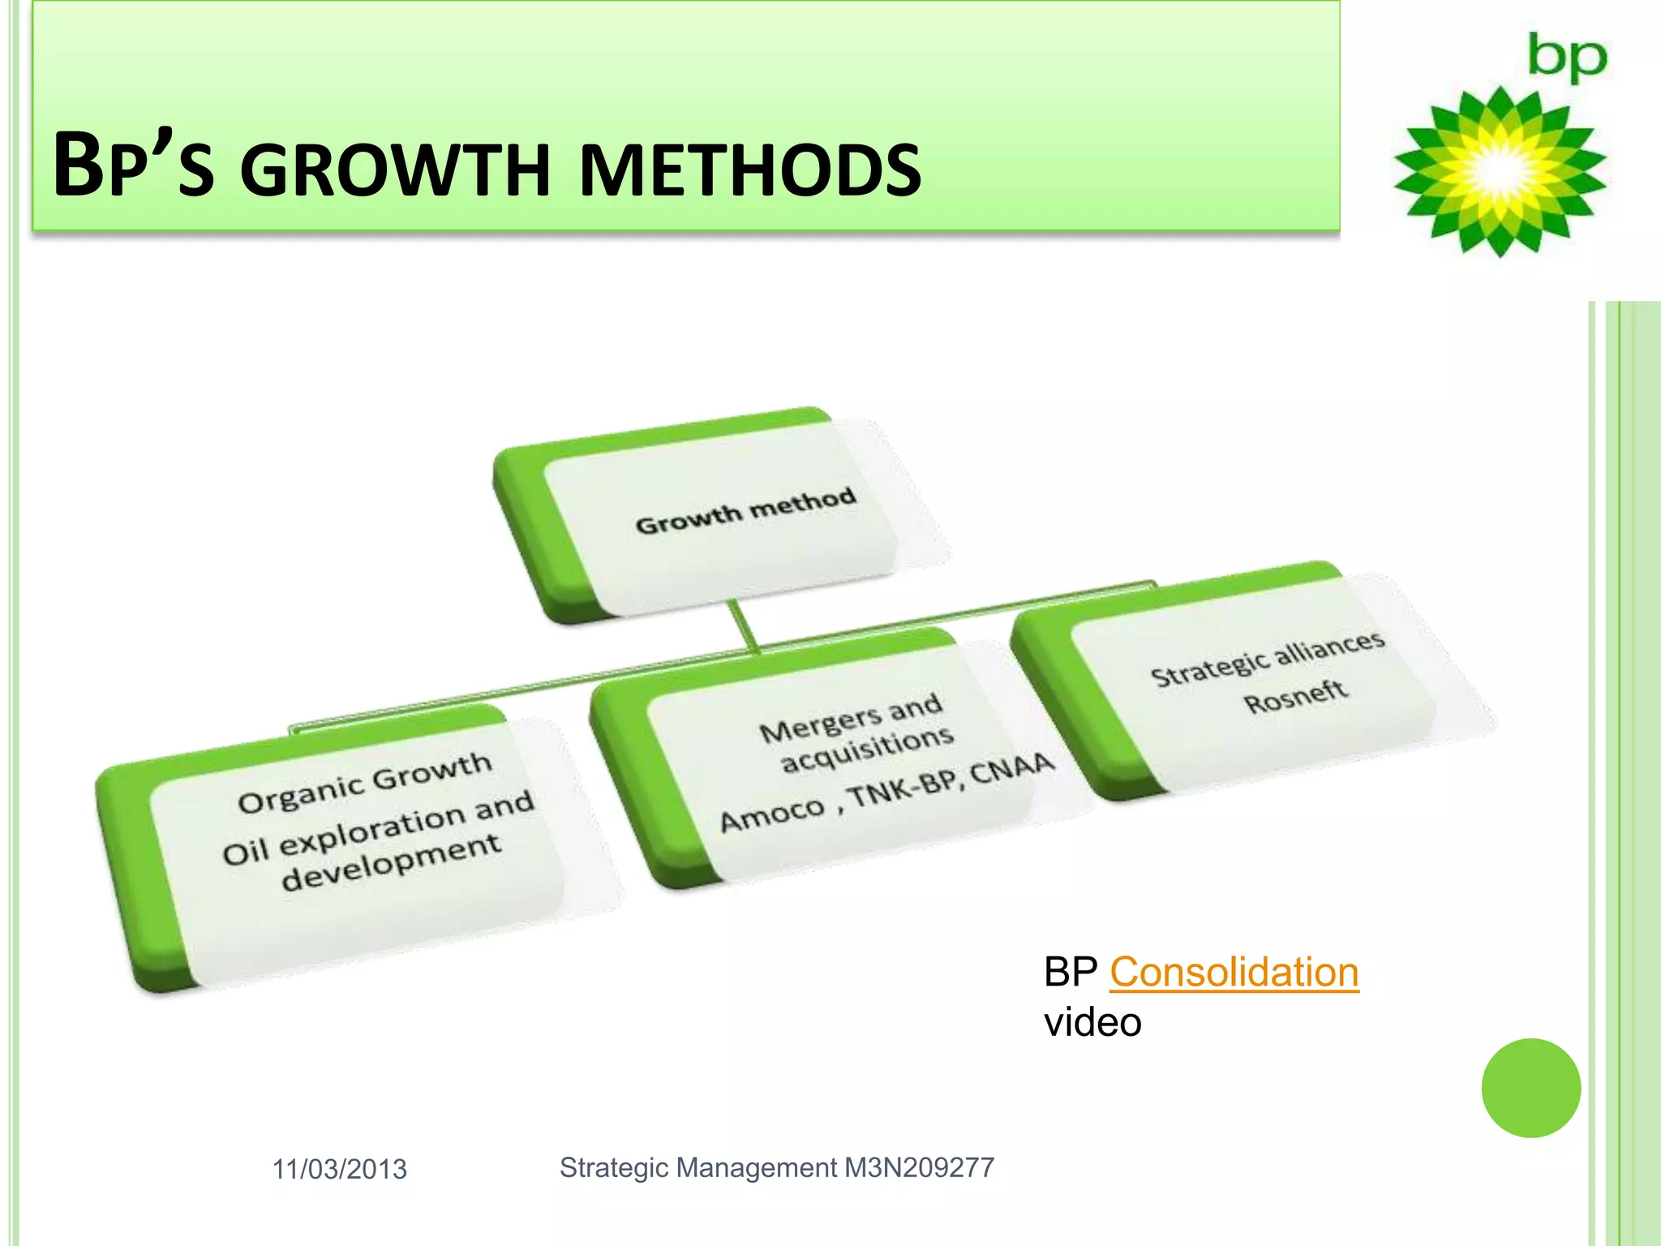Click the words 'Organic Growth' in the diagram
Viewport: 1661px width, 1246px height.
(x=365, y=781)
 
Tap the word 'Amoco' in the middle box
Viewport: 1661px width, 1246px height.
(x=772, y=814)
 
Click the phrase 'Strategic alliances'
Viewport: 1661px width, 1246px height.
(x=1268, y=659)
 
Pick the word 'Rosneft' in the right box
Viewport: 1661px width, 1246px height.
(x=1295, y=696)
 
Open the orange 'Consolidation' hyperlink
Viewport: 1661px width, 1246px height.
(x=1234, y=972)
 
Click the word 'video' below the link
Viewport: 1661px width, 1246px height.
(x=1092, y=1022)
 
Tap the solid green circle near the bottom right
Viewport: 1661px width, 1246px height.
(x=1530, y=1088)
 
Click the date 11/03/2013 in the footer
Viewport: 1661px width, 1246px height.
(x=339, y=1169)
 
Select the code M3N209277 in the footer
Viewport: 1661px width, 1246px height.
(x=919, y=1167)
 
